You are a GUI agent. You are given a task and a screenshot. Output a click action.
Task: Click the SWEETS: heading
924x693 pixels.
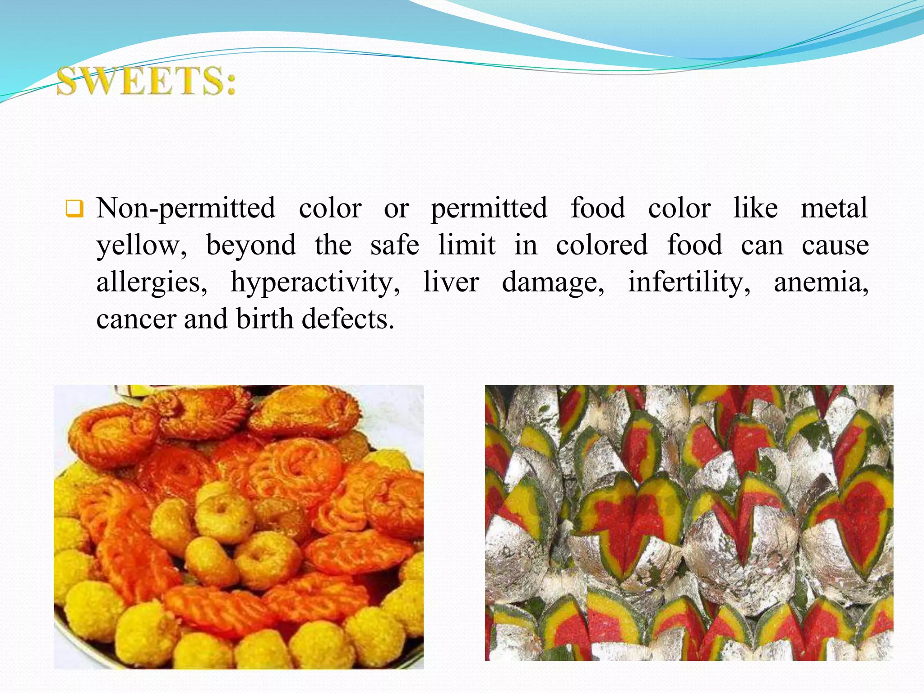tap(146, 81)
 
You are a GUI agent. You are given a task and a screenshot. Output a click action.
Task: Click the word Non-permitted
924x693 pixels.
tap(185, 209)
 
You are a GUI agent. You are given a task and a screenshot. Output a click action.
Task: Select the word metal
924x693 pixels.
tap(834, 208)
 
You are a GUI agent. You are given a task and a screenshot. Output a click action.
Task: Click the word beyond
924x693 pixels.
tap(251, 245)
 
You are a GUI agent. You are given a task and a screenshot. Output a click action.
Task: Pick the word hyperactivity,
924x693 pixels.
tap(315, 283)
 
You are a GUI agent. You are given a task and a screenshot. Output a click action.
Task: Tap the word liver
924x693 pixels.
tap(451, 282)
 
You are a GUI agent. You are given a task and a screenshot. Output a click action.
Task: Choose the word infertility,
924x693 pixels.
tap(689, 282)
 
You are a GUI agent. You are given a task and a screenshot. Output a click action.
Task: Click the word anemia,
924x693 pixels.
tap(821, 282)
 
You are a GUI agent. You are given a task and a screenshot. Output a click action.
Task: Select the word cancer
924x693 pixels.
tap(136, 319)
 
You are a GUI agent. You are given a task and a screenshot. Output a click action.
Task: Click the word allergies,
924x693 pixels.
tap(152, 283)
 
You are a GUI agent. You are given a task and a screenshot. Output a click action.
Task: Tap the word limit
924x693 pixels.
tap(467, 245)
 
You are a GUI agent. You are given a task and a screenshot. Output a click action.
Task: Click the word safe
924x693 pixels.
tap(395, 245)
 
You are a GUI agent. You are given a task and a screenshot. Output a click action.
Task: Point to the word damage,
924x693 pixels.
tap(553, 283)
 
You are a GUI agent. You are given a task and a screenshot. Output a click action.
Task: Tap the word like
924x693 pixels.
tap(755, 208)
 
